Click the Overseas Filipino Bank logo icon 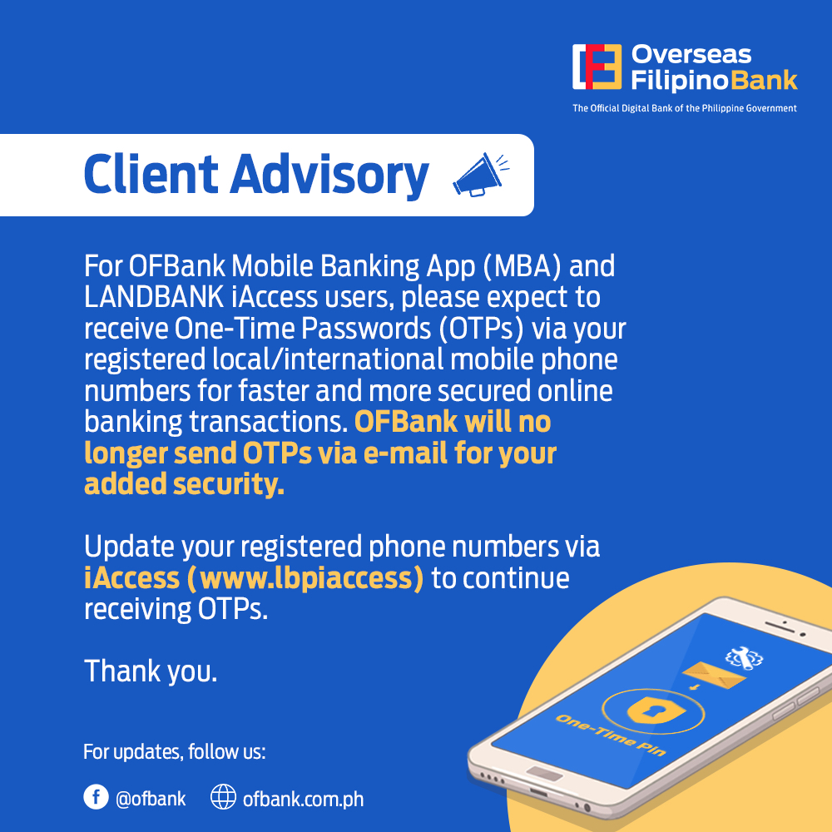pyautogui.click(x=597, y=67)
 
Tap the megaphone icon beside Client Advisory pyautogui.click(x=479, y=175)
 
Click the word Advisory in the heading pyautogui.click(x=329, y=175)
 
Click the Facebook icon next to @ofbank pyautogui.click(x=97, y=798)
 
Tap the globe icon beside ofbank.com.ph pyautogui.click(x=223, y=798)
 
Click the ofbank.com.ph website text pyautogui.click(x=303, y=799)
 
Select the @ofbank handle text pyautogui.click(x=151, y=799)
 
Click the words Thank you pyautogui.click(x=151, y=671)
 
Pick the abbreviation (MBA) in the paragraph pyautogui.click(x=525, y=267)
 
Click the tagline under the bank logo pyautogui.click(x=684, y=108)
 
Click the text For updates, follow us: pyautogui.click(x=175, y=753)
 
